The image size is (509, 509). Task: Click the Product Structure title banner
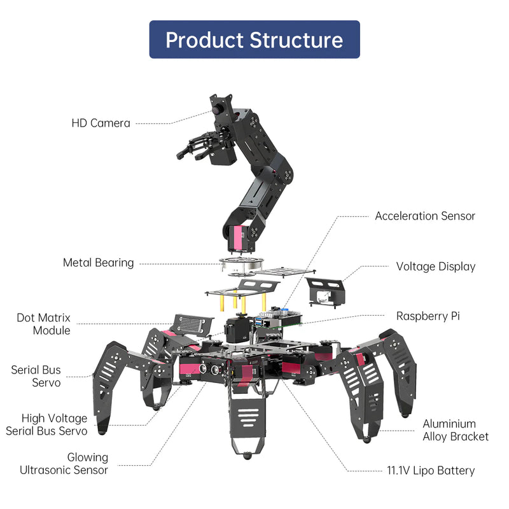(254, 39)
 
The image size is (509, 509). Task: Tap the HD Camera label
(101, 123)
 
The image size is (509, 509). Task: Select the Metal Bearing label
(98, 262)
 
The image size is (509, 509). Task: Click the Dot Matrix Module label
(43, 324)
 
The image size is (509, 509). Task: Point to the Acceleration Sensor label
(424, 216)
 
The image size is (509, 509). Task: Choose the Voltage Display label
(435, 267)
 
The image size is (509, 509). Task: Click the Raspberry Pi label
(427, 316)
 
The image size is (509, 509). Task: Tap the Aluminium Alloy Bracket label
(456, 430)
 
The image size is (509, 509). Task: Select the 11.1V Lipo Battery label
(431, 471)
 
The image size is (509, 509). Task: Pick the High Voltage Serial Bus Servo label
(46, 424)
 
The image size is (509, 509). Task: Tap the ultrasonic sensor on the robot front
(210, 368)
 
